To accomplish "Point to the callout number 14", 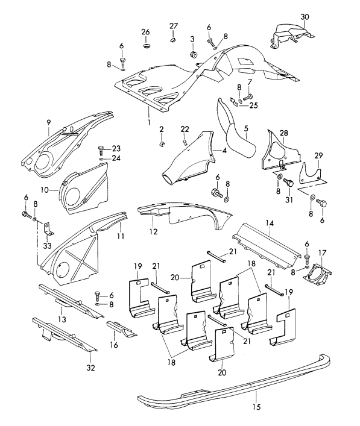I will [x=270, y=223].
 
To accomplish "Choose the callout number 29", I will [x=319, y=155].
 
